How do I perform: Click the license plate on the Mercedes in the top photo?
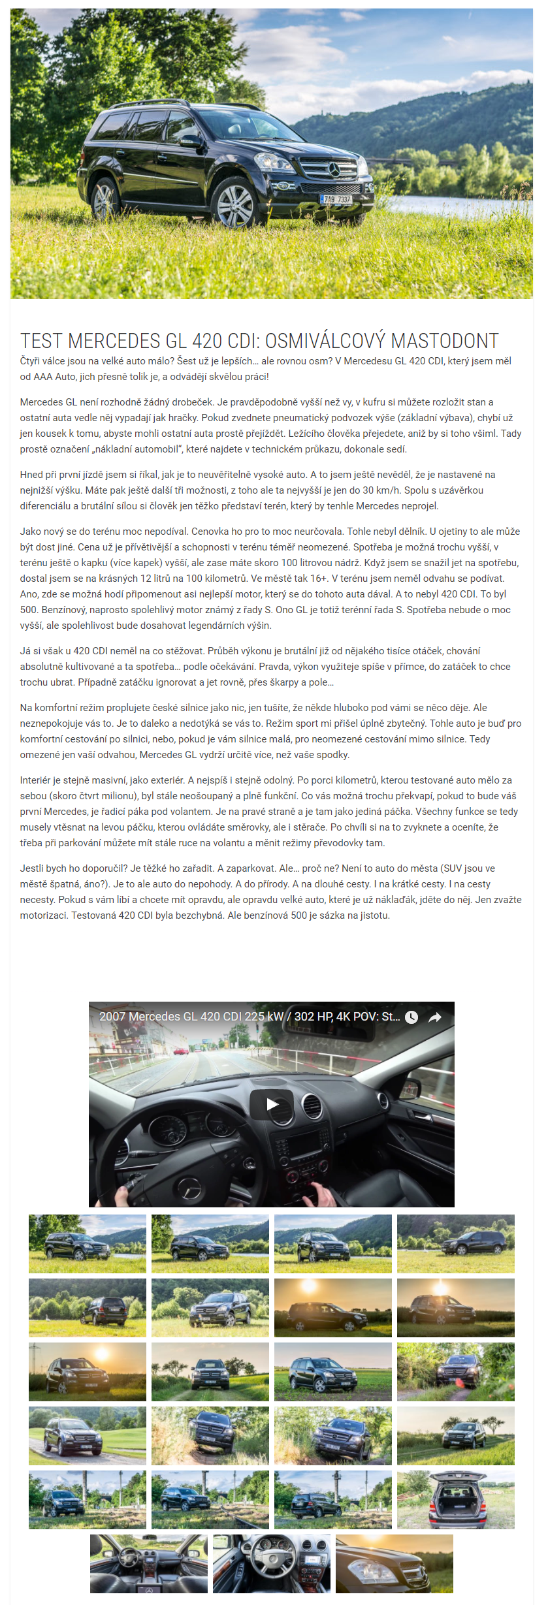336,199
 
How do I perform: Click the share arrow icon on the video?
434,1017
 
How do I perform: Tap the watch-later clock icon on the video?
411,1017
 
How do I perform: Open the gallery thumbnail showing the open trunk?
455,1500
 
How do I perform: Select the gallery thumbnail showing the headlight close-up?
394,1564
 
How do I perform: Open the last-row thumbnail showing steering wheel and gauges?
271,1564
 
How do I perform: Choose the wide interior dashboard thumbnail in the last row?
148,1564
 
